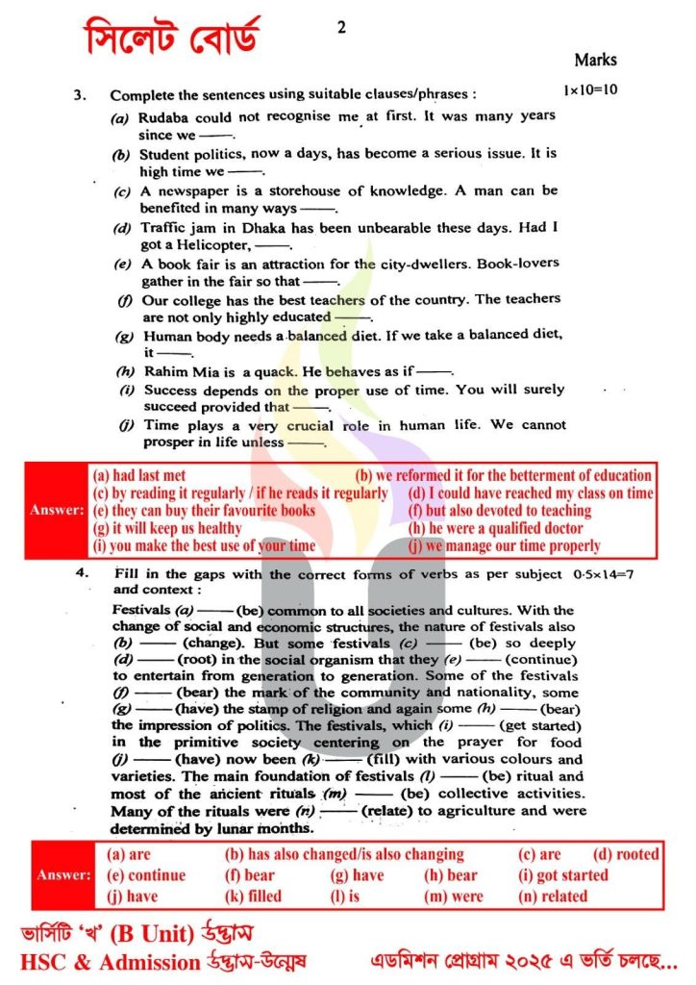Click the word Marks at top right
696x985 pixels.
tap(595, 60)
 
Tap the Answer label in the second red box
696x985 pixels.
tap(63, 875)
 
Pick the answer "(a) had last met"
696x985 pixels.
tap(139, 475)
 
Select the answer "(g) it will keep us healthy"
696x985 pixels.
tap(167, 528)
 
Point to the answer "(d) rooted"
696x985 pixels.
tap(626, 854)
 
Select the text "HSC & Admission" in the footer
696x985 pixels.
tap(105, 961)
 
